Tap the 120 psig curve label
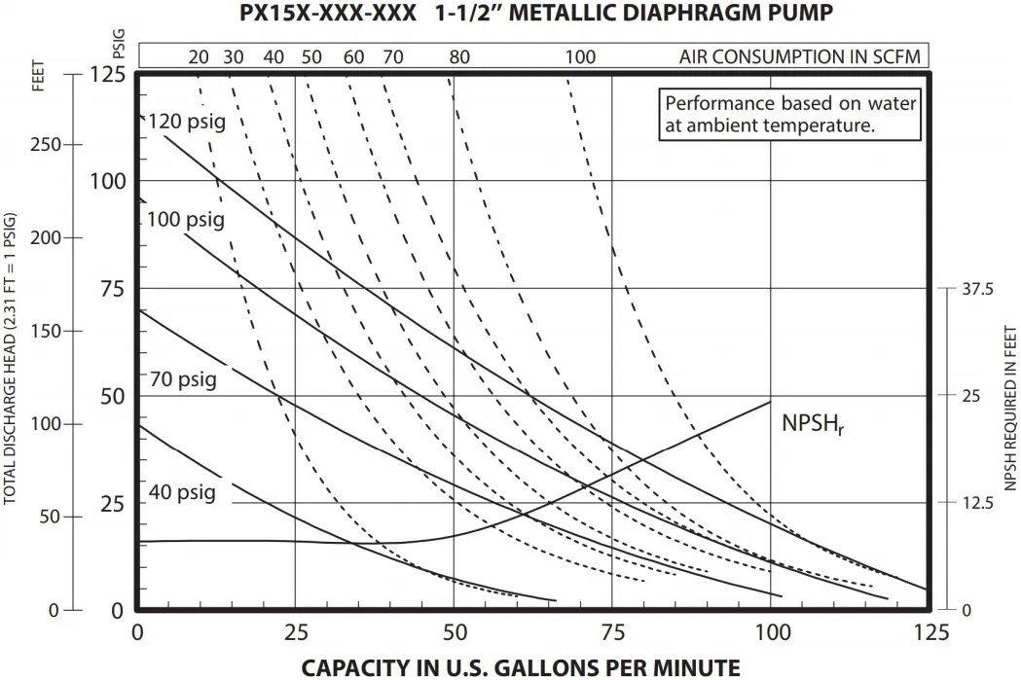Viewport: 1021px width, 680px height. coord(186,123)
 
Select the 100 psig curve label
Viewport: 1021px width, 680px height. coord(186,220)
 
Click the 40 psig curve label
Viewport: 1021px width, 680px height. coord(182,492)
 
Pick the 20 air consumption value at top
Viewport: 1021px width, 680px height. coord(199,56)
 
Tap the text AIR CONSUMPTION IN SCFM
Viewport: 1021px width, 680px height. coord(798,56)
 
